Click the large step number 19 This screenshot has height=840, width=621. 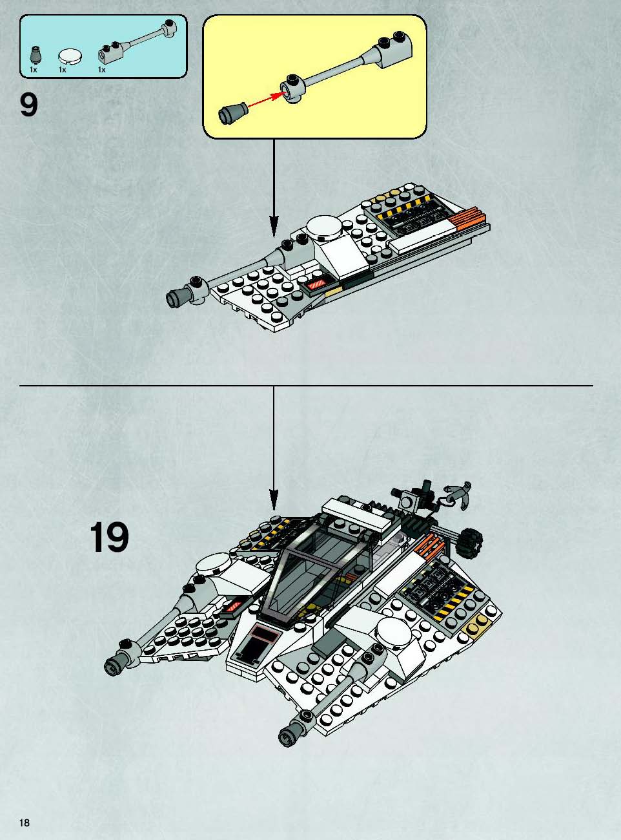109,537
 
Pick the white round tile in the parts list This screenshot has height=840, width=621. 70,58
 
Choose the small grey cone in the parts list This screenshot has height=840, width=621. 36,56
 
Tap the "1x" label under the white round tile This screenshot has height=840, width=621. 63,70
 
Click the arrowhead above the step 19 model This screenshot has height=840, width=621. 274,500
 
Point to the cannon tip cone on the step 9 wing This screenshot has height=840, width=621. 176,298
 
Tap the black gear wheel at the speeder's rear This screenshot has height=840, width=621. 469,542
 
